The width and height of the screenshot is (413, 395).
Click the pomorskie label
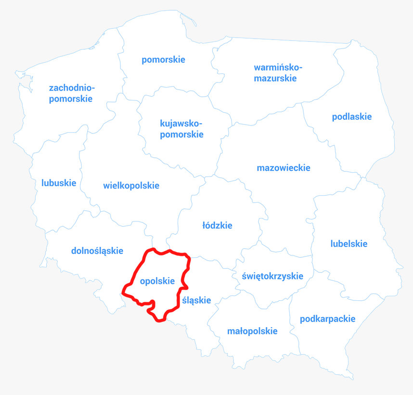(163, 60)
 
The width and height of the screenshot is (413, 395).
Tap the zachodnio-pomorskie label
(71, 93)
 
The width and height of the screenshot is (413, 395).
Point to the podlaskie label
(352, 116)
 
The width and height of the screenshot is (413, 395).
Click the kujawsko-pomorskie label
(181, 128)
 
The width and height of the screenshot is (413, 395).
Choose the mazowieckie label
(284, 168)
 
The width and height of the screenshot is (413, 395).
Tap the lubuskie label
(59, 183)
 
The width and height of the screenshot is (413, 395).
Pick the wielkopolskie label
(131, 186)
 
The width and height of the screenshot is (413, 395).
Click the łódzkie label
(217, 225)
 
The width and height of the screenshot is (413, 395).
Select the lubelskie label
(349, 243)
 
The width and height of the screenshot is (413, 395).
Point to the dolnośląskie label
(97, 251)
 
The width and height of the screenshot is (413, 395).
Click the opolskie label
(157, 281)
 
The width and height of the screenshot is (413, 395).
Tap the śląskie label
(197, 300)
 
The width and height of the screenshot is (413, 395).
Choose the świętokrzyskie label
(273, 276)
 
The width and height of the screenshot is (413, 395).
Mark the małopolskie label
(252, 331)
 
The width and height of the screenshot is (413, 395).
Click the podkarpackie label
(328, 319)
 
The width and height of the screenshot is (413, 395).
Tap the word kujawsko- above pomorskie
(181, 123)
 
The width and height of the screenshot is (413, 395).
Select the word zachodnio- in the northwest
(72, 88)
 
